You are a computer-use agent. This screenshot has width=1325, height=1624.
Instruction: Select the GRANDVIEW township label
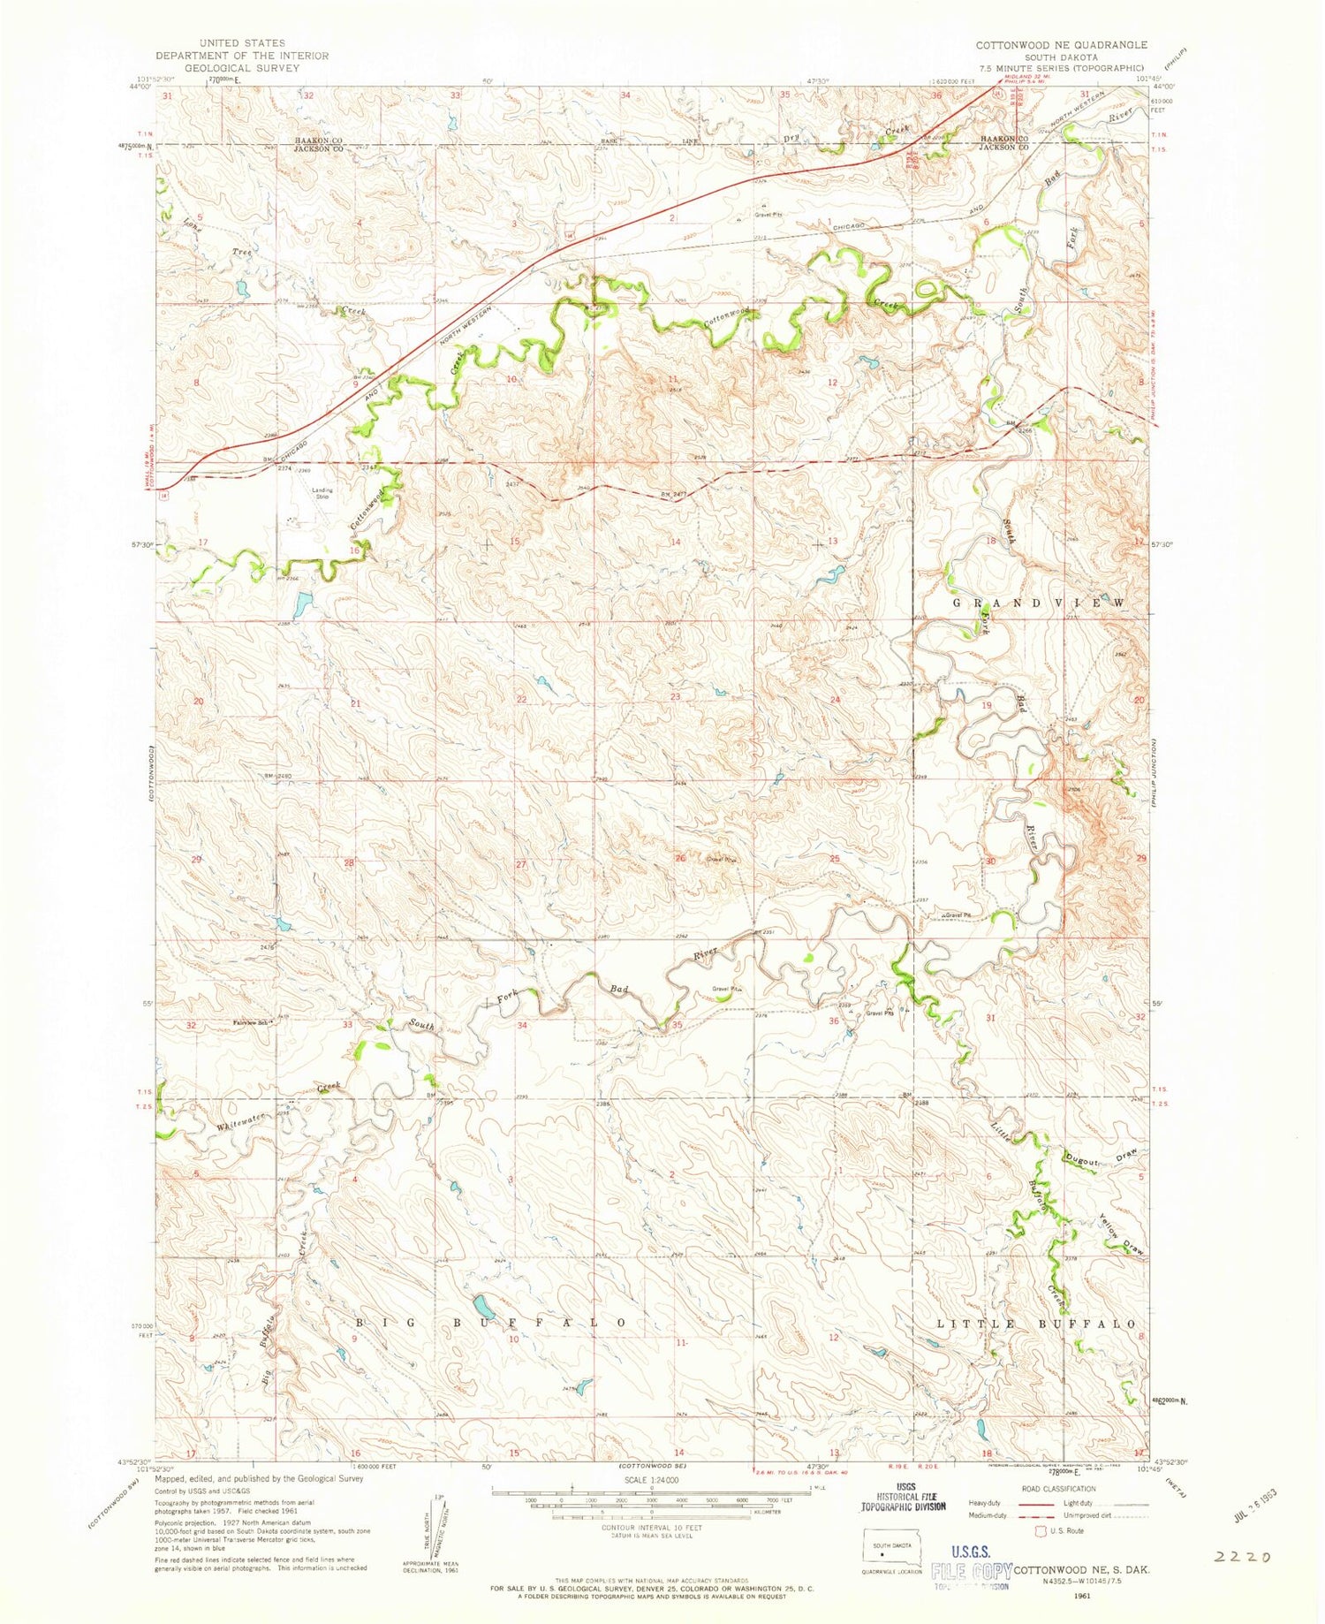tap(1039, 603)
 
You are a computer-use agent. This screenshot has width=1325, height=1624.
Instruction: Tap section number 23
tap(675, 697)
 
